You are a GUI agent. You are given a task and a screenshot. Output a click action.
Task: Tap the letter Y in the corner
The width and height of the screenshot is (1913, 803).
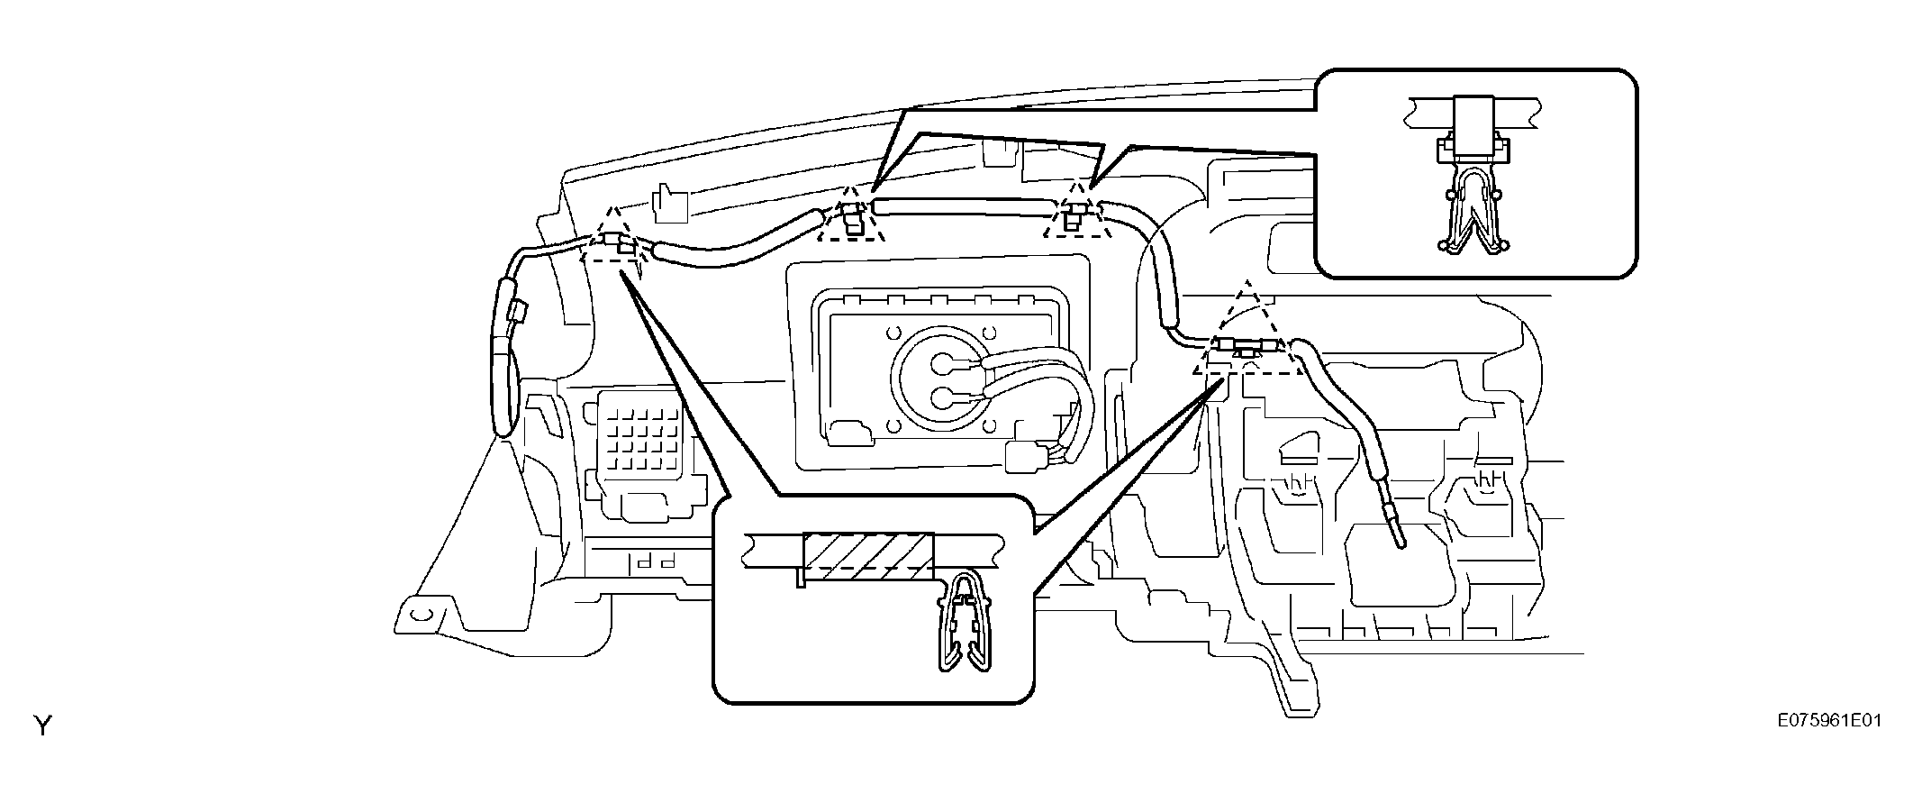[x=42, y=725]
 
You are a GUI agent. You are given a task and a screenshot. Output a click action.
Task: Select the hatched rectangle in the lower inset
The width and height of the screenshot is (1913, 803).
[x=868, y=557]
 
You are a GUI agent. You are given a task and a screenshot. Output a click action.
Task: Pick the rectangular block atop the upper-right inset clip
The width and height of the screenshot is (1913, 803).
[x=1474, y=122]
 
